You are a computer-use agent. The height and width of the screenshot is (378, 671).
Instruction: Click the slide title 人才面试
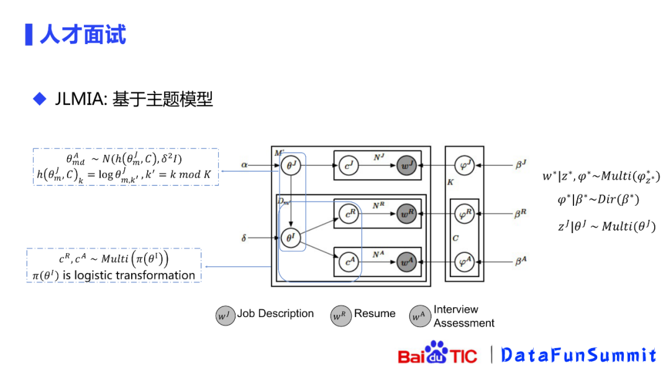(x=83, y=34)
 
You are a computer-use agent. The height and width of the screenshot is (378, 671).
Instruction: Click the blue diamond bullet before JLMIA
(x=40, y=98)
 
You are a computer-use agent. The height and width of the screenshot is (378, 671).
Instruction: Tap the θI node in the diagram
(x=290, y=237)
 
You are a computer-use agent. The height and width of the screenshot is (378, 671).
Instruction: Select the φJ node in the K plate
(x=463, y=165)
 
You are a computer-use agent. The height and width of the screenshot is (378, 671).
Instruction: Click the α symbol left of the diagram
(x=245, y=165)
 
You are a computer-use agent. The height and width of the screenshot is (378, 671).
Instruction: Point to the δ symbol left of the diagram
(x=244, y=237)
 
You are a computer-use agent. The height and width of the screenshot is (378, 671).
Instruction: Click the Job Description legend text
(x=275, y=314)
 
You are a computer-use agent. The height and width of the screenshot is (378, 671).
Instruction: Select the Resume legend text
(x=375, y=314)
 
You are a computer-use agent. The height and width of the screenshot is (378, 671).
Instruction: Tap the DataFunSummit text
(x=578, y=355)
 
